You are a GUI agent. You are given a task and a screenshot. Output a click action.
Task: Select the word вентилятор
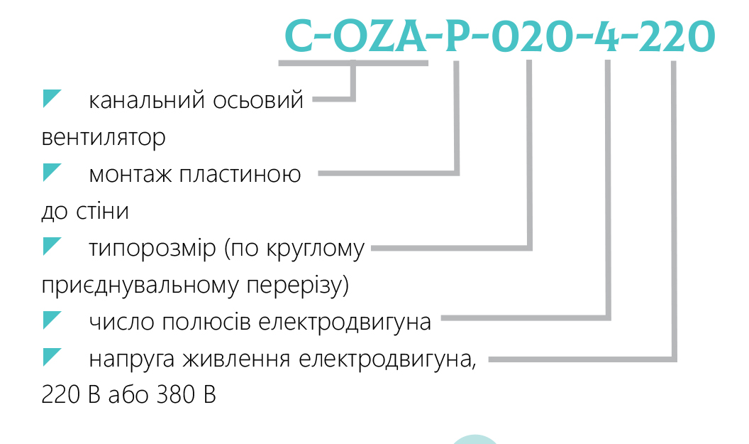[104, 137]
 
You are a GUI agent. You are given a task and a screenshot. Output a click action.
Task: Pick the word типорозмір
[152, 249]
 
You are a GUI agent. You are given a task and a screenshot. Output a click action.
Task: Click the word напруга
[131, 359]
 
